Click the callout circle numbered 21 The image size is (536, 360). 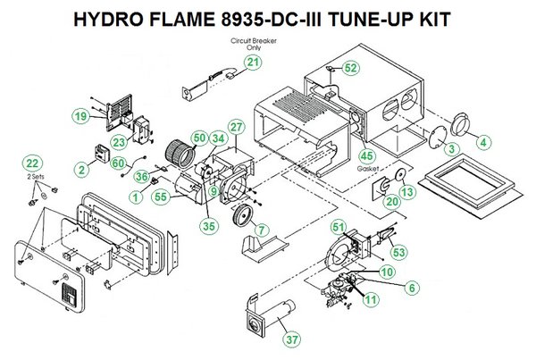coord(254,62)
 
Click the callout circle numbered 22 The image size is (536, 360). coord(32,163)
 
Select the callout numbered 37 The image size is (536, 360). coord(290,339)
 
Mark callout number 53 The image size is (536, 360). coord(398,252)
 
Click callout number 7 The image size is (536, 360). coord(261,230)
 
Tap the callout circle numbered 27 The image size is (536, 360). coord(235,128)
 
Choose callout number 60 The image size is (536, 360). coord(116,162)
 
